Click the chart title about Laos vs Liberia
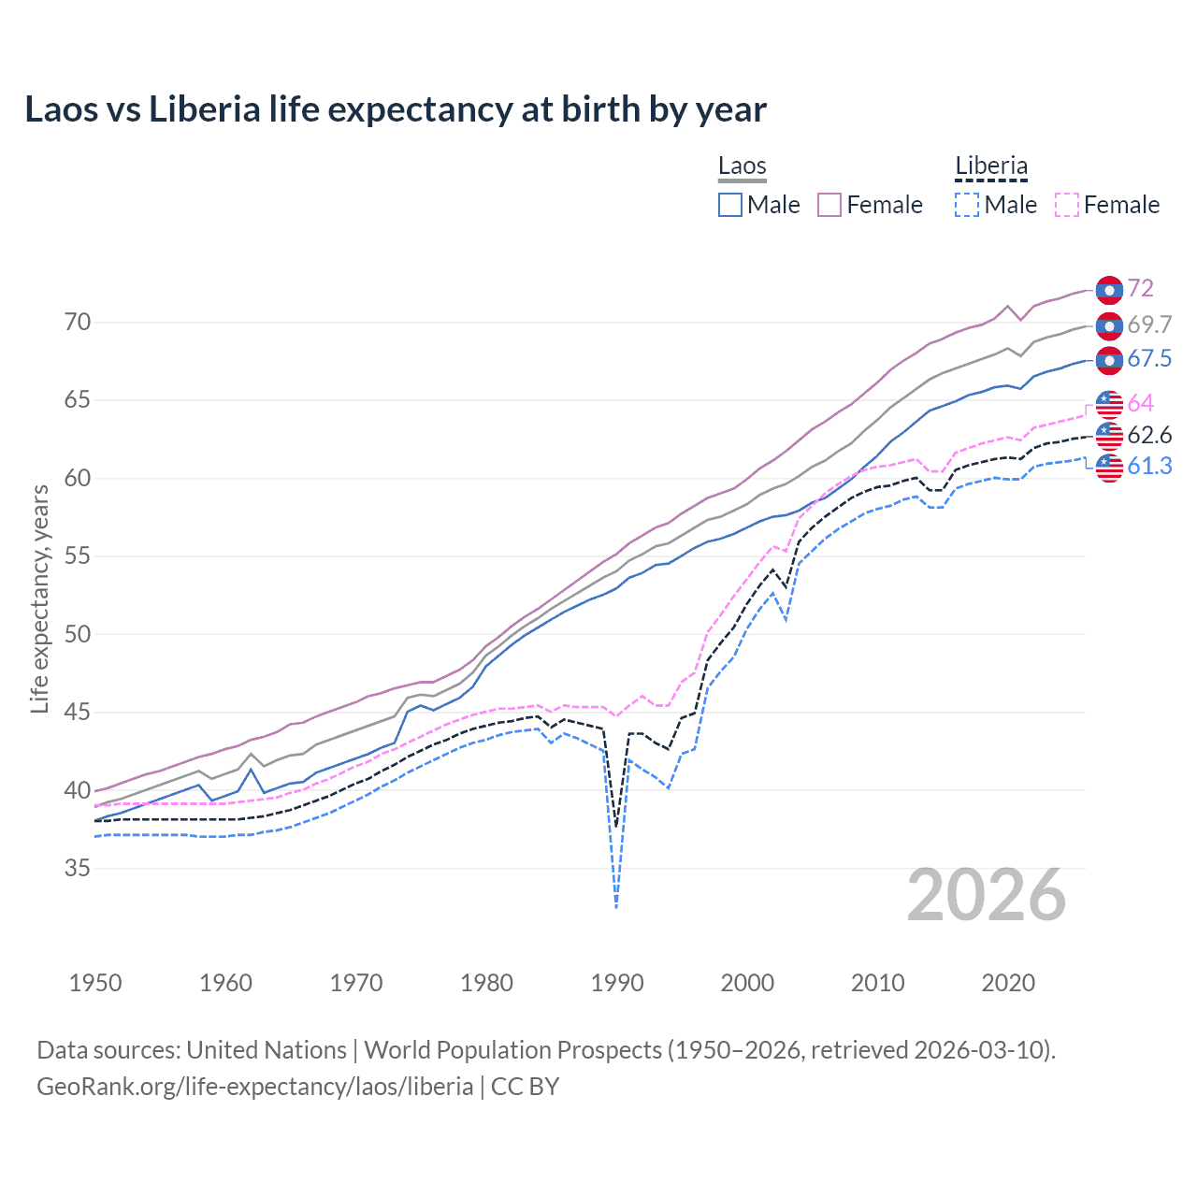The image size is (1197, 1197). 396,109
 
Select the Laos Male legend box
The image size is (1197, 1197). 730,205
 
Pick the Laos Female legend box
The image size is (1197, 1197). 829,205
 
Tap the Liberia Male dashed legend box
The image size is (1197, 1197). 967,205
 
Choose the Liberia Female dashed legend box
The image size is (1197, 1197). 1067,205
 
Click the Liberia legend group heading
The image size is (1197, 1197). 991,166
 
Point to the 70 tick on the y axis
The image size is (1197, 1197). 78,323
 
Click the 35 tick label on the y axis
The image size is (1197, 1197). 78,869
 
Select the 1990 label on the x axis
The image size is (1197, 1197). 617,983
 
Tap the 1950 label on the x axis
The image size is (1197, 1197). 95,983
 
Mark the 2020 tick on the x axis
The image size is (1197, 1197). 1008,983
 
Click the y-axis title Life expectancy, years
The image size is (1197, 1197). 39,598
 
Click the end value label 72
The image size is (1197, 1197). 1140,289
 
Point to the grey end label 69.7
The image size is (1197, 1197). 1149,324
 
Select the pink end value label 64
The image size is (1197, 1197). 1140,403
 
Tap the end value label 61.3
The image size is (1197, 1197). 1149,467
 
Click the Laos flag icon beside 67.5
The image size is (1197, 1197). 1109,360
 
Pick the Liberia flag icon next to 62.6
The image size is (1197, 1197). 1109,436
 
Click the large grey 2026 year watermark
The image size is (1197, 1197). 987,895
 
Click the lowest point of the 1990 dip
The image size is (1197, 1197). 616,907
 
